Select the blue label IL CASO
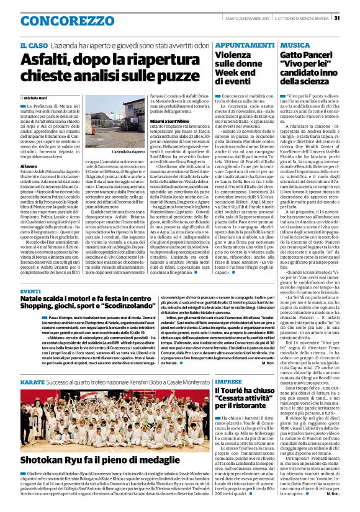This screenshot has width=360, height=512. tap(33, 47)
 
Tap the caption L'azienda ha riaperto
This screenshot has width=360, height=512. tap(128, 151)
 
